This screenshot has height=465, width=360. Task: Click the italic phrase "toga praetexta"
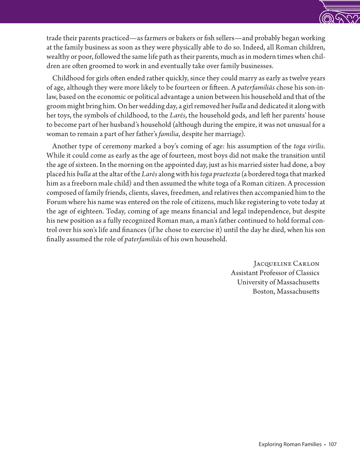220,174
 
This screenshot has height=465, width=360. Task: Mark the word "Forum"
56,202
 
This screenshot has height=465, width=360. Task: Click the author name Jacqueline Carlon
286,263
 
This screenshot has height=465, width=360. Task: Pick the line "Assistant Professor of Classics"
275,273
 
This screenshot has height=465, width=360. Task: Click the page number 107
332,444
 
